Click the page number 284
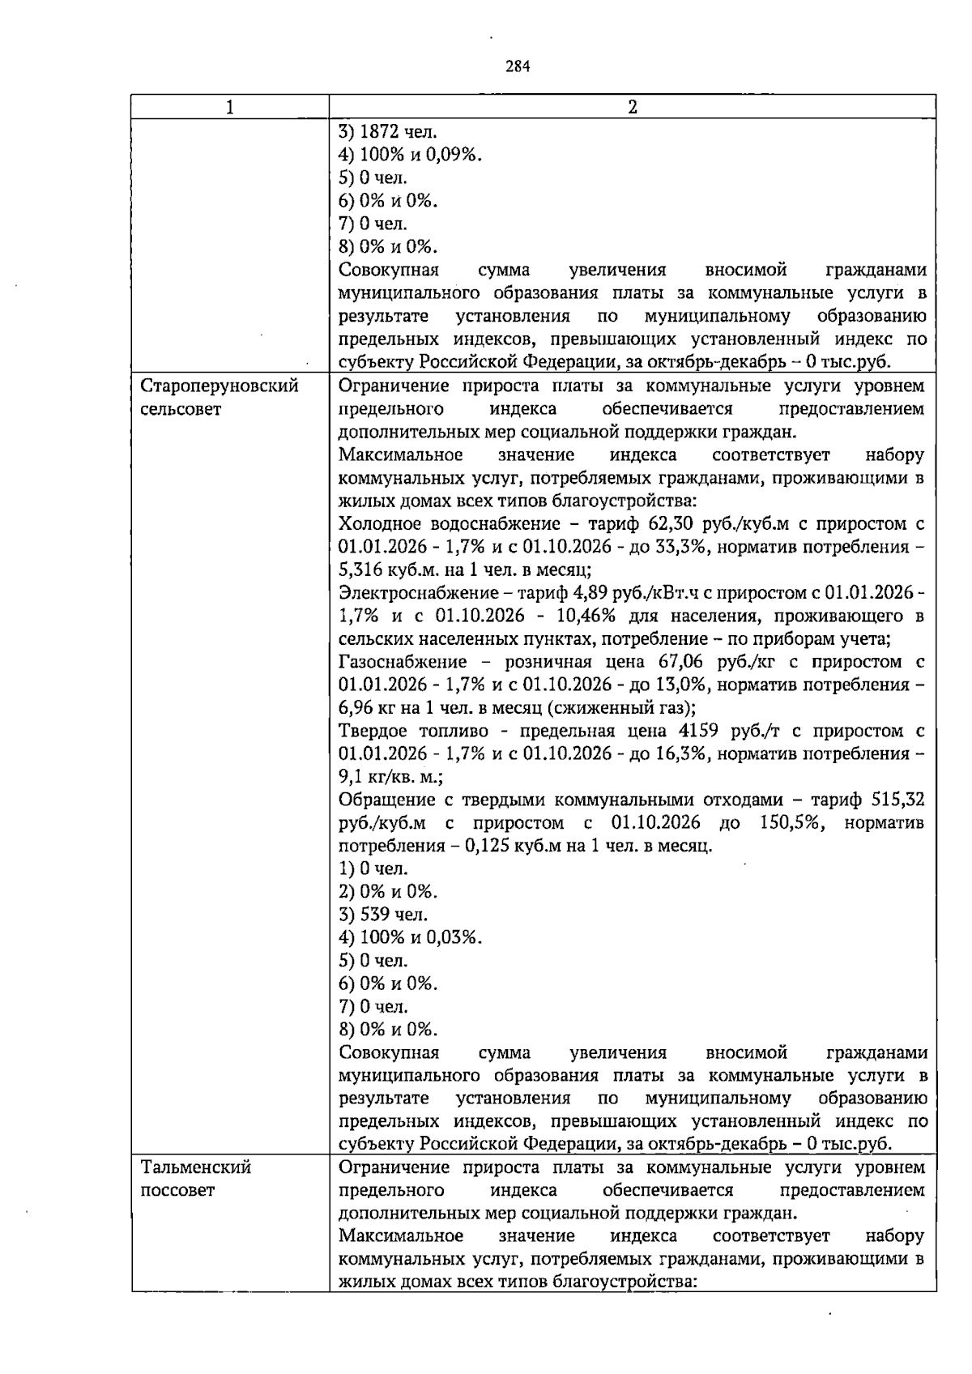(x=518, y=67)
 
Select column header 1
(x=230, y=107)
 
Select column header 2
(x=633, y=107)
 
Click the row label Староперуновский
(x=220, y=386)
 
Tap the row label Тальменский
(x=196, y=1167)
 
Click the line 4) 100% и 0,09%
(x=410, y=154)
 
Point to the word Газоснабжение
(x=403, y=662)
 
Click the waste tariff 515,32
(x=898, y=800)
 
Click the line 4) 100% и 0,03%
(x=410, y=938)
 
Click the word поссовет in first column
(x=177, y=1190)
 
